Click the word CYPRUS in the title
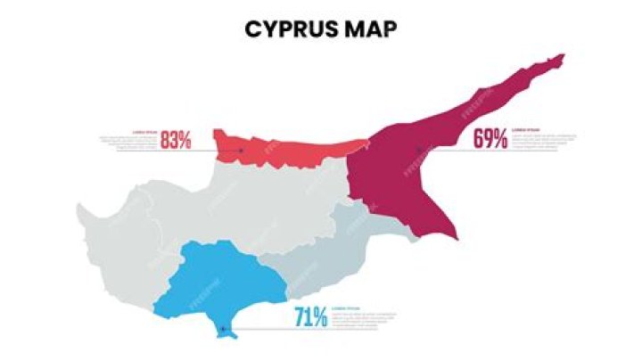[288, 29]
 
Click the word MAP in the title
[368, 29]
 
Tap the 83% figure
[176, 140]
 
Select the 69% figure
[490, 138]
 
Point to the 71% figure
[310, 316]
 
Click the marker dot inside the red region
[242, 151]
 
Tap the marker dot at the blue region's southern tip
[222, 330]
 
